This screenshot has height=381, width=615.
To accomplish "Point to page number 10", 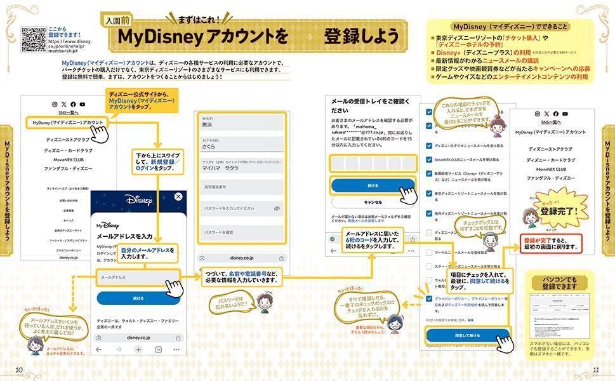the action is tap(19, 370).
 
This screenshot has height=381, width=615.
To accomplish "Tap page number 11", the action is tap(595, 370).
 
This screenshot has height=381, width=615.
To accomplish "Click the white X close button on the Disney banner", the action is tap(178, 197).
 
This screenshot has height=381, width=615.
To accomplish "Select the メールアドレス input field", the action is tap(137, 277).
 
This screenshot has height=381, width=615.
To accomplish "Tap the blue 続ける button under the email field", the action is tap(138, 298).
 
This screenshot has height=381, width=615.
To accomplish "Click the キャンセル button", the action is tap(372, 203).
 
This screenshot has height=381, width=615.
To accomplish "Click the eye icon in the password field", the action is tap(277, 208).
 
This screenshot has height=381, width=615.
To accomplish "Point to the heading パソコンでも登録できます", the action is tap(559, 284).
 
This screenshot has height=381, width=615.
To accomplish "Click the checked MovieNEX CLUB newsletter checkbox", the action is tap(430, 159).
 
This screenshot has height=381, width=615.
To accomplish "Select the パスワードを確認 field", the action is tap(241, 232).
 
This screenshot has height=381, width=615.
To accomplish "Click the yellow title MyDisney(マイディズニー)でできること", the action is tap(510, 27).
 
